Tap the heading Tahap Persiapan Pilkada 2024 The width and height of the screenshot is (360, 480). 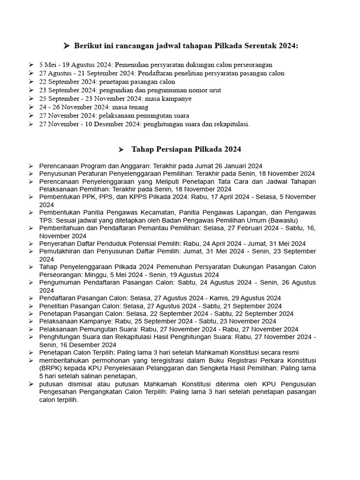(186, 149)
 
